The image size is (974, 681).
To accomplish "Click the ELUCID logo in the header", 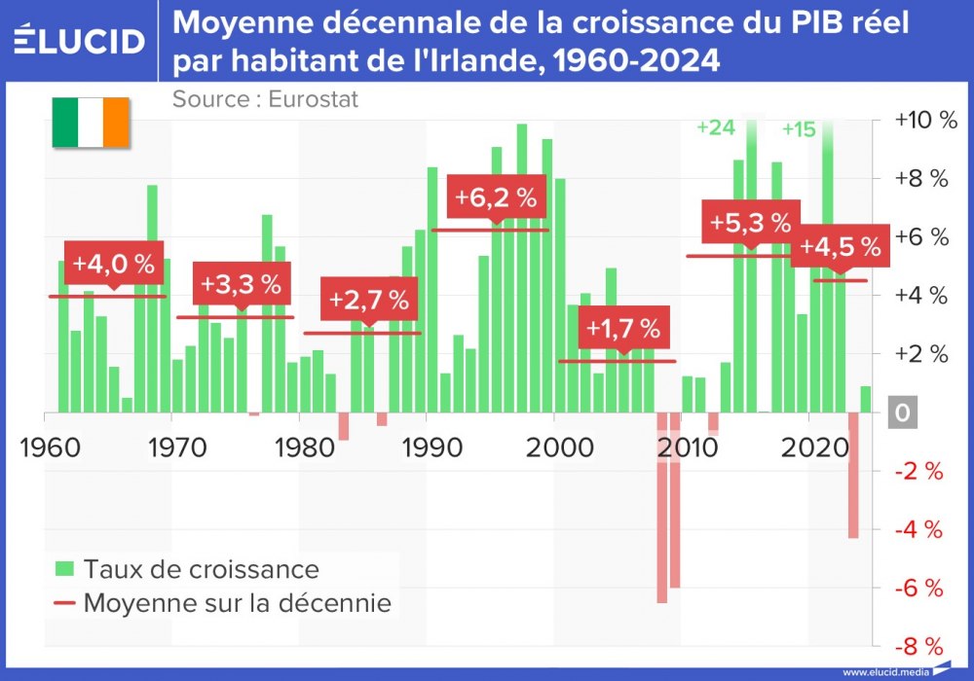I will (80, 41).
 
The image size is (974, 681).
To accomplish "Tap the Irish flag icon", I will (90, 123).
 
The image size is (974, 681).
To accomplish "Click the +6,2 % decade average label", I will (495, 197).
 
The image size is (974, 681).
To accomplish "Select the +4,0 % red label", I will (114, 264).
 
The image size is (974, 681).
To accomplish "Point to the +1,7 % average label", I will (623, 329).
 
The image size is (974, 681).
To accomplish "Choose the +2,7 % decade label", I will (369, 300).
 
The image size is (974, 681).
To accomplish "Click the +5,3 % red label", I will (750, 223).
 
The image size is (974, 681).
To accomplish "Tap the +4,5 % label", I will (840, 247).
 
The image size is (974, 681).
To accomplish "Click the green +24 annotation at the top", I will (716, 127).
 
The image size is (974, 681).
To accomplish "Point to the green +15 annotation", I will (799, 128).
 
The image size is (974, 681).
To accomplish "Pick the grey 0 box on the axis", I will (902, 413).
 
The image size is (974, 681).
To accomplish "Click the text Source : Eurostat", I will (265, 99).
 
